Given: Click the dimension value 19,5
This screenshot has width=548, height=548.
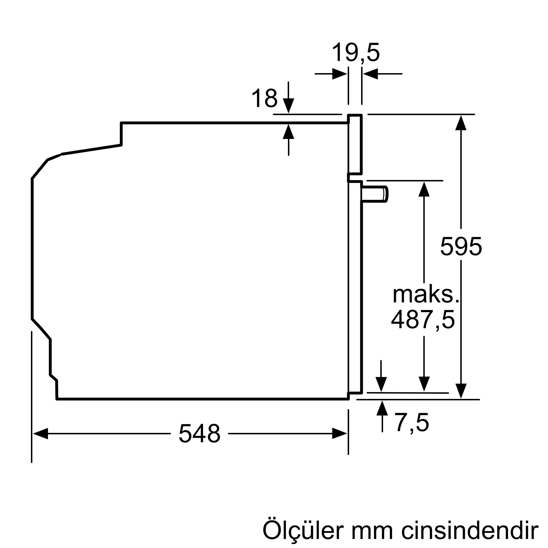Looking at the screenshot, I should [x=355, y=53].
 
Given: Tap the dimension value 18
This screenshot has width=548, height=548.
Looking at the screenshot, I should [x=264, y=98].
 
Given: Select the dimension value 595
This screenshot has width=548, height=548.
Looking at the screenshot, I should [x=461, y=247].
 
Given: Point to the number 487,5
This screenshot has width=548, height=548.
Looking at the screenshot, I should [x=423, y=320].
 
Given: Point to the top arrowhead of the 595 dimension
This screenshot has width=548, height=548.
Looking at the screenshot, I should [x=461, y=123].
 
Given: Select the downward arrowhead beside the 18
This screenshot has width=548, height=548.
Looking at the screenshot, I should [x=289, y=105].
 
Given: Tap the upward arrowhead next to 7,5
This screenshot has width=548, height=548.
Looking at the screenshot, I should [x=382, y=408].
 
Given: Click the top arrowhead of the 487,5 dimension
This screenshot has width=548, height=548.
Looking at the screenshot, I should [x=424, y=189].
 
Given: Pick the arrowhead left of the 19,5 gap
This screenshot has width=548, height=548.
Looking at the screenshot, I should [x=339, y=74].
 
